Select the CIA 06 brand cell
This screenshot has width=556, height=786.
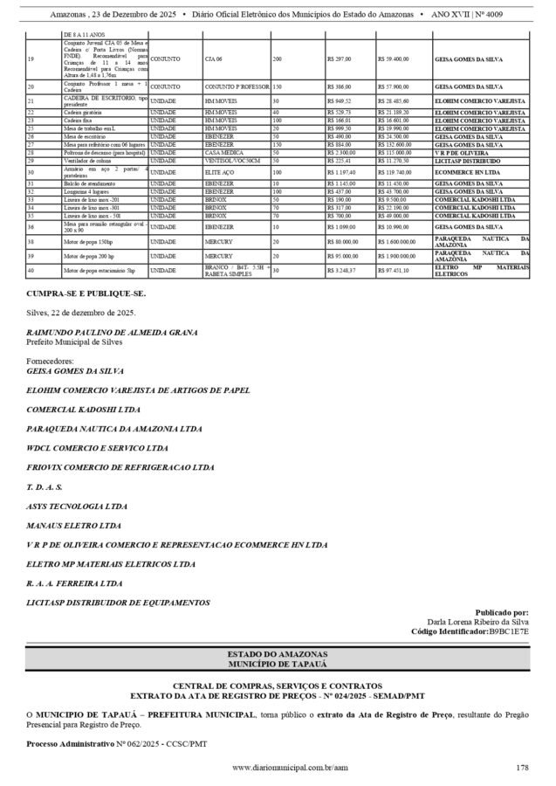pos(214,59)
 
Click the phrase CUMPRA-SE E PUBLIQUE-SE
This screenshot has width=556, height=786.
pos(86,294)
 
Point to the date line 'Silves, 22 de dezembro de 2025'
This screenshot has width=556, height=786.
pos(81,313)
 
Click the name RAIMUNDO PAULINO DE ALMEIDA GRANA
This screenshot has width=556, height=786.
pos(112,332)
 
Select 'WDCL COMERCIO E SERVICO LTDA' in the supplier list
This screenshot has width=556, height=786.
pos(97,447)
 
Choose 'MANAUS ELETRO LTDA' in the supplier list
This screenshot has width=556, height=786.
pos(76,524)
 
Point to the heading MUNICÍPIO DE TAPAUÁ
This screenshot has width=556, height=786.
pos(278,665)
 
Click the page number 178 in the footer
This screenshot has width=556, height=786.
pos(522,768)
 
